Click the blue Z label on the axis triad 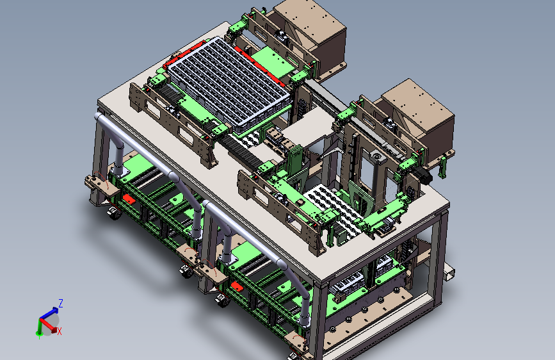point(61,303)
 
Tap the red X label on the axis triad point(59,332)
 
